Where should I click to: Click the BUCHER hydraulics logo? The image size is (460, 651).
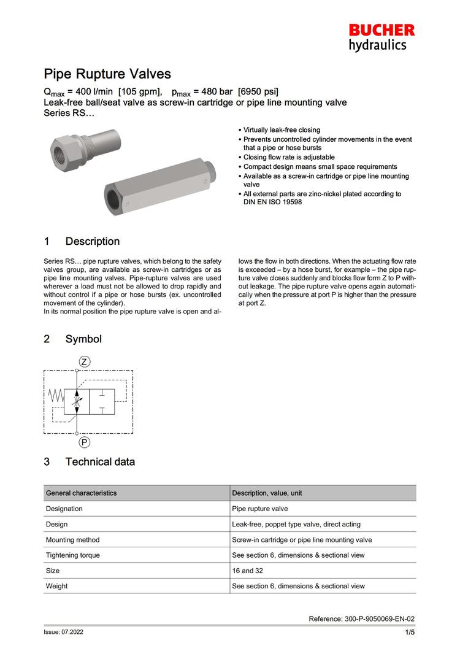point(381,37)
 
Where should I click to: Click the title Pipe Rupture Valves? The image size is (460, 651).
point(107,74)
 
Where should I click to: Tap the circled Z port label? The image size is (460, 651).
point(85,361)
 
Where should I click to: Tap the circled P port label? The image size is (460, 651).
point(85,442)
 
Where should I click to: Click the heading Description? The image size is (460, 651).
point(92,241)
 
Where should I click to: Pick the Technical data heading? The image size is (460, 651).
point(99,461)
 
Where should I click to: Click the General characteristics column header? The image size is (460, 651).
point(81,493)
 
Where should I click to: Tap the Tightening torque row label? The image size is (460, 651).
point(72,555)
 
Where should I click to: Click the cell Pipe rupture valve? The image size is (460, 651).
point(259,509)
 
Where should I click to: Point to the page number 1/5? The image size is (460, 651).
point(409,632)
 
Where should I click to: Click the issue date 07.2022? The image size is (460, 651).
point(68,632)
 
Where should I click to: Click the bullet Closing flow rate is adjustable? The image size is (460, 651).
point(289,157)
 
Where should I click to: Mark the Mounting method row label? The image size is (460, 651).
point(72,540)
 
